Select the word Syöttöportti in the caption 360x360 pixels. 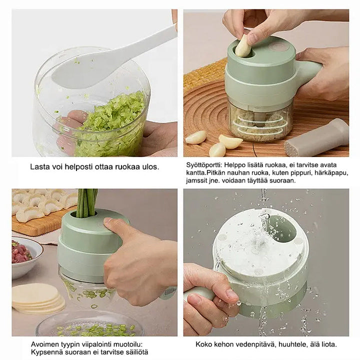(x=204, y=165)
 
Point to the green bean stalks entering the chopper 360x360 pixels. (x=86, y=203)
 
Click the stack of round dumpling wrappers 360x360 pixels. (x=38, y=298)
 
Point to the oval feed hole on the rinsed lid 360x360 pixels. (x=282, y=229)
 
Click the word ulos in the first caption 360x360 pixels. (x=150, y=167)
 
